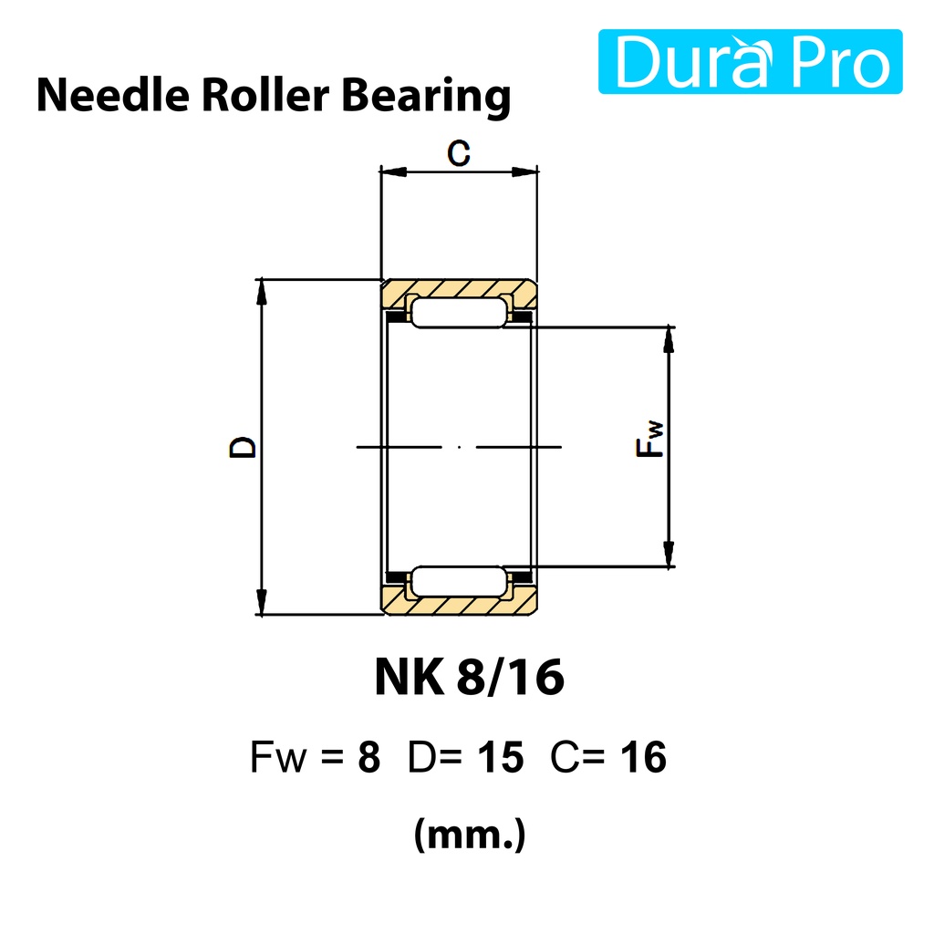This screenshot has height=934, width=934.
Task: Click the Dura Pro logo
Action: click(750, 61)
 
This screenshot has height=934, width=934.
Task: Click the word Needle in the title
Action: click(113, 95)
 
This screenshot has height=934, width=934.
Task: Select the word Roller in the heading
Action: click(265, 95)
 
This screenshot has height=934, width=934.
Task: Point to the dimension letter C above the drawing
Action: click(459, 153)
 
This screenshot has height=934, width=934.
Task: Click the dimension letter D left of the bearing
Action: click(243, 447)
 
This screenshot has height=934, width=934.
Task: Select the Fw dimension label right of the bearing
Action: click(649, 439)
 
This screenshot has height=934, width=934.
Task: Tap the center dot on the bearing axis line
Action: click(460, 447)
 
